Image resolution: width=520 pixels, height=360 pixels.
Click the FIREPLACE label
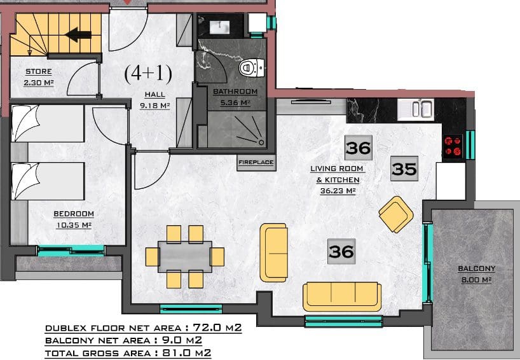tap(256, 162)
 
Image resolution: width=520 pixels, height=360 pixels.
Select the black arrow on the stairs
tap(79, 34)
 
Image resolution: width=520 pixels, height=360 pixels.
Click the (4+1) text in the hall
tap(148, 73)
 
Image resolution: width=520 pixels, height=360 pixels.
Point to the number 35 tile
tap(404, 169)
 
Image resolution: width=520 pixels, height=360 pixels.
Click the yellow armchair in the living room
tap(396, 214)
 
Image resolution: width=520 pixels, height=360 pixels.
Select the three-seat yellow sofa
tap(342, 296)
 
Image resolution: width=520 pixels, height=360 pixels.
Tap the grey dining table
tap(185, 256)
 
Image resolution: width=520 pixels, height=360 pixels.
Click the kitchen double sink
tap(416, 109)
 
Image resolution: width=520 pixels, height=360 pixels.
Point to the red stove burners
tap(453, 146)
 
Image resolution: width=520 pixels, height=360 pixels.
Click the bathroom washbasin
tap(219, 27)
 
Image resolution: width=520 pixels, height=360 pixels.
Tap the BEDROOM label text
tap(74, 214)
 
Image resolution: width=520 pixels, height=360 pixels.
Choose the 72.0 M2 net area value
tap(217, 328)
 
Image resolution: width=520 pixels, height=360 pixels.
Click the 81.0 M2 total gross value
tap(187, 353)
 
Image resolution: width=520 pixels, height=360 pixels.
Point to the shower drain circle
tap(261, 142)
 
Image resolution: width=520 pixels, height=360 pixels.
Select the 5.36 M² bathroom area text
tap(235, 103)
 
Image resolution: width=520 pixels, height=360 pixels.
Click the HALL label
tap(154, 95)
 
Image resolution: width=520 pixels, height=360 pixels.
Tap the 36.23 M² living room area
tap(338, 191)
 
